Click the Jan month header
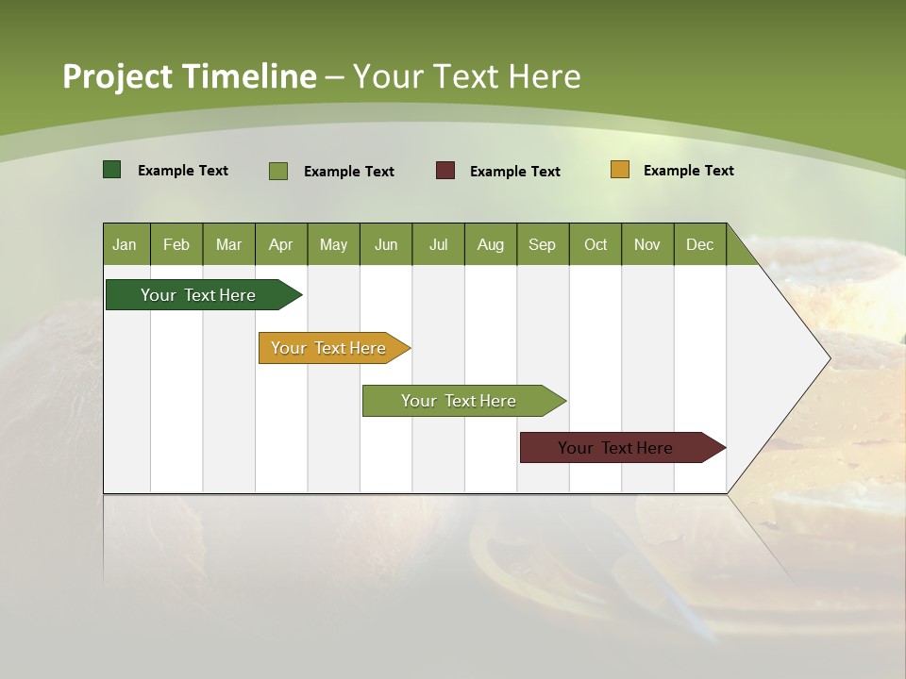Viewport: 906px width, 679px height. [x=126, y=244]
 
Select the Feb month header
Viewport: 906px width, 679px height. [x=176, y=244]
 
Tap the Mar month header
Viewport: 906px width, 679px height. [x=228, y=244]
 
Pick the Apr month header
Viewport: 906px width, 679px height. [x=281, y=244]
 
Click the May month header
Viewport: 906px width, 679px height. [x=333, y=244]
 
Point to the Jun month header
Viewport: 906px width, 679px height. [x=386, y=244]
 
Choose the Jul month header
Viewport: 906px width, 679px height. [x=438, y=244]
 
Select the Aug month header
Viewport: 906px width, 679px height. [x=491, y=244]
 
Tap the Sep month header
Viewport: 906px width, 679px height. [x=543, y=244]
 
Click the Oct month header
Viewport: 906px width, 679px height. [x=596, y=244]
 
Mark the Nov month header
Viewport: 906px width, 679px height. [x=647, y=244]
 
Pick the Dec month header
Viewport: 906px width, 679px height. [x=700, y=244]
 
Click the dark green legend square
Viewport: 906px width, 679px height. [x=112, y=170]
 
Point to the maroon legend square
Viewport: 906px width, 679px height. [x=445, y=171]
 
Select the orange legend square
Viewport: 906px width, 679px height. [x=620, y=170]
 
